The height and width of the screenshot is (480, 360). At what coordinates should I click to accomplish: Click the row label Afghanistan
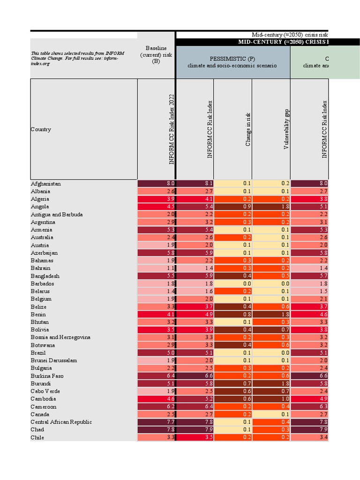[x=46, y=184]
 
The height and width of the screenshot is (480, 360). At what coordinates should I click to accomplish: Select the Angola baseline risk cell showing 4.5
[x=156, y=207]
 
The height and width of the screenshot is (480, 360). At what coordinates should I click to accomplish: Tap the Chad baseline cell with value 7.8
[x=156, y=429]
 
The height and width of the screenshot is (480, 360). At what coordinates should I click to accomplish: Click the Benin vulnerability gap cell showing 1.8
[x=271, y=314]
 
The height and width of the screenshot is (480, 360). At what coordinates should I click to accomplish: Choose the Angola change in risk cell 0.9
[x=232, y=207]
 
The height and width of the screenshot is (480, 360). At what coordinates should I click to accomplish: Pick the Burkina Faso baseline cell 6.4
[x=156, y=376]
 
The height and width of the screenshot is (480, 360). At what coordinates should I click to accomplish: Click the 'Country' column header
[x=41, y=129]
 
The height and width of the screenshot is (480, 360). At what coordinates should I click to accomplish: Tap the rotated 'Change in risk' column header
[x=248, y=129]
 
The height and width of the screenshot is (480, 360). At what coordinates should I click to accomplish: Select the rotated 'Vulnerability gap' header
[x=286, y=129]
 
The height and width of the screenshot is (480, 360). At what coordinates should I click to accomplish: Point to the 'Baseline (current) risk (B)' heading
[x=156, y=55]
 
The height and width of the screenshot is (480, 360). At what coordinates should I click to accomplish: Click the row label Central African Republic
[x=61, y=422]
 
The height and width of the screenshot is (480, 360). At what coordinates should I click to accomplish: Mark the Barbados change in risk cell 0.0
[x=232, y=284]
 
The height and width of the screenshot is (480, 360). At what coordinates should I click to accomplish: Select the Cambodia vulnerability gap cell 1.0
[x=271, y=399]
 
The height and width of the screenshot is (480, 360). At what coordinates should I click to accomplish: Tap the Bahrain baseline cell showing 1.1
[x=156, y=268]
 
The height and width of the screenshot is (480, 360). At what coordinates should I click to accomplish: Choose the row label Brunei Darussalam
[x=54, y=360]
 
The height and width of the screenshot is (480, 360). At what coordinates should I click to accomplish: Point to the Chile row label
[x=37, y=437]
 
